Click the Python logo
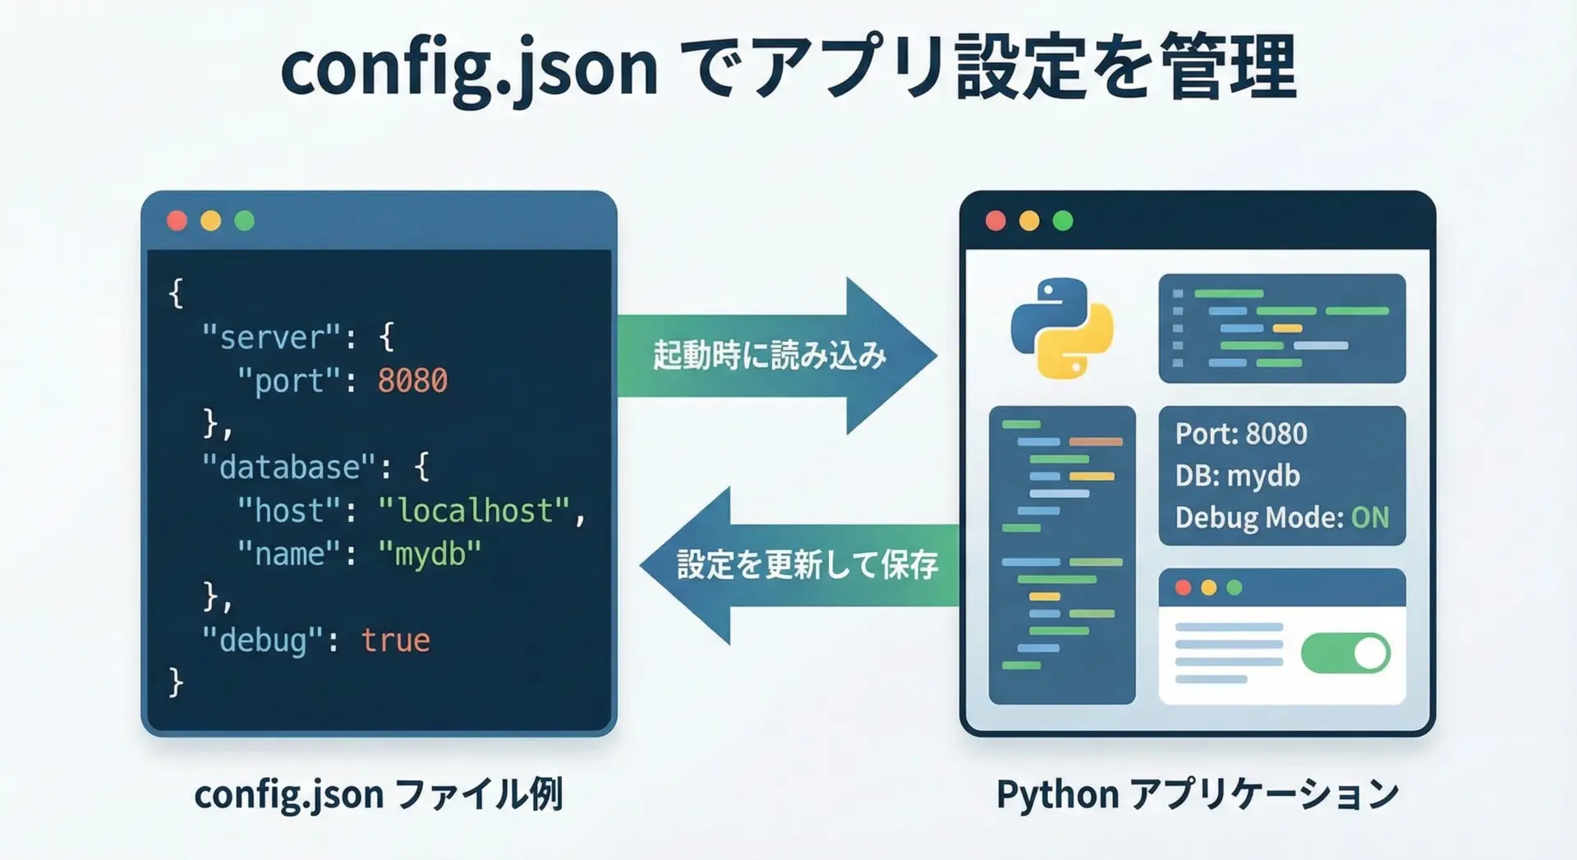(x=1062, y=329)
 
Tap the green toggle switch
(x=1345, y=654)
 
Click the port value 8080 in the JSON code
(x=412, y=381)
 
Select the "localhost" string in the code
(x=474, y=511)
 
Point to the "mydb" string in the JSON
(x=430, y=554)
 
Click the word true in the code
(x=395, y=641)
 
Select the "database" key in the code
(x=289, y=467)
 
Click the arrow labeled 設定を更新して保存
(x=805, y=565)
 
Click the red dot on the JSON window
(x=177, y=221)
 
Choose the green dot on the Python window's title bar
(x=1063, y=221)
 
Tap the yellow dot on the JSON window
(x=210, y=221)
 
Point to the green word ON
(x=1370, y=517)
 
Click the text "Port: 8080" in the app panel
(x=1241, y=434)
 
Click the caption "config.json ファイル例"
(x=379, y=794)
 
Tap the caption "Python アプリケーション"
(x=1197, y=794)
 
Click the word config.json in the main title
(x=469, y=69)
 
